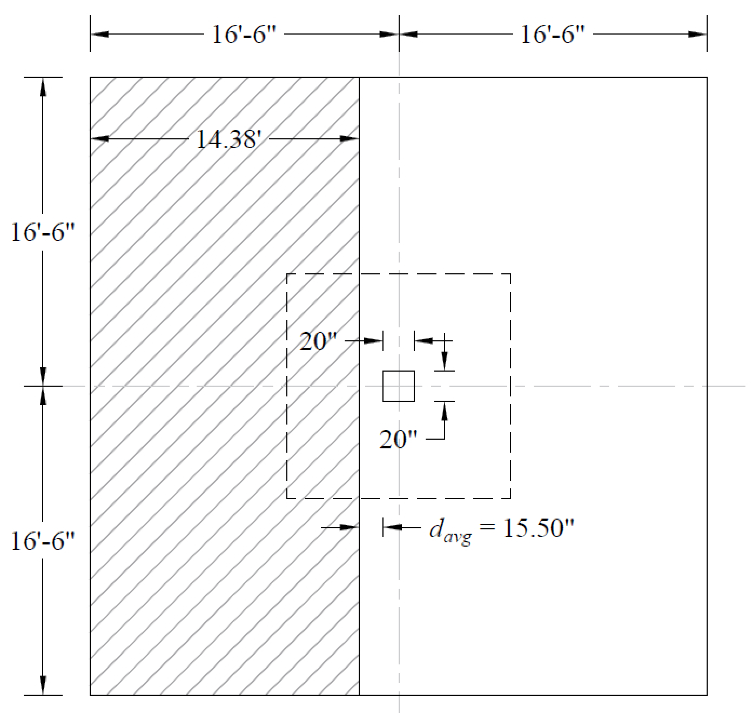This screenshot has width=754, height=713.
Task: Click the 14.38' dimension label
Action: click(228, 139)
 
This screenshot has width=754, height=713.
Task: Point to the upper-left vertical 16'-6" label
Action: click(43, 232)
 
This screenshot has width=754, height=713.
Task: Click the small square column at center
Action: click(398, 386)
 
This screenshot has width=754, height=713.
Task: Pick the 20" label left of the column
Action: click(318, 341)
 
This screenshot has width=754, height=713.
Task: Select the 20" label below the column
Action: click(398, 439)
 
